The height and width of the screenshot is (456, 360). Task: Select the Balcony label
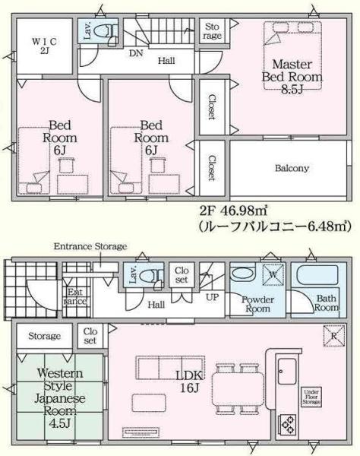(292, 167)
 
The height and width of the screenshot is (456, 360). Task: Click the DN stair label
(137, 53)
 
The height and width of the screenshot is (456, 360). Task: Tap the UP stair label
(214, 296)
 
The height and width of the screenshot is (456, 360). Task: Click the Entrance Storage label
(90, 247)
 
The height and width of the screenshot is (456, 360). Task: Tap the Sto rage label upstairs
(213, 32)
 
